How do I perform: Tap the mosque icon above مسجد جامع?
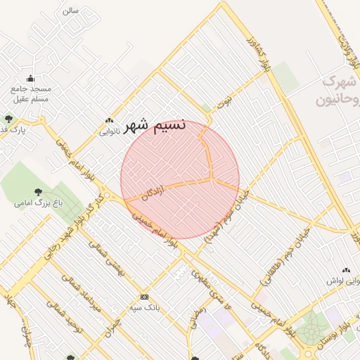[x=30, y=78]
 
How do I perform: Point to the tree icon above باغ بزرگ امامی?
[x=37, y=191]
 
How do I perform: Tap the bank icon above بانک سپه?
[x=145, y=297]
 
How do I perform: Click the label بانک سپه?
[x=145, y=308]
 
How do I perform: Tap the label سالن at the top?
[x=70, y=11]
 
